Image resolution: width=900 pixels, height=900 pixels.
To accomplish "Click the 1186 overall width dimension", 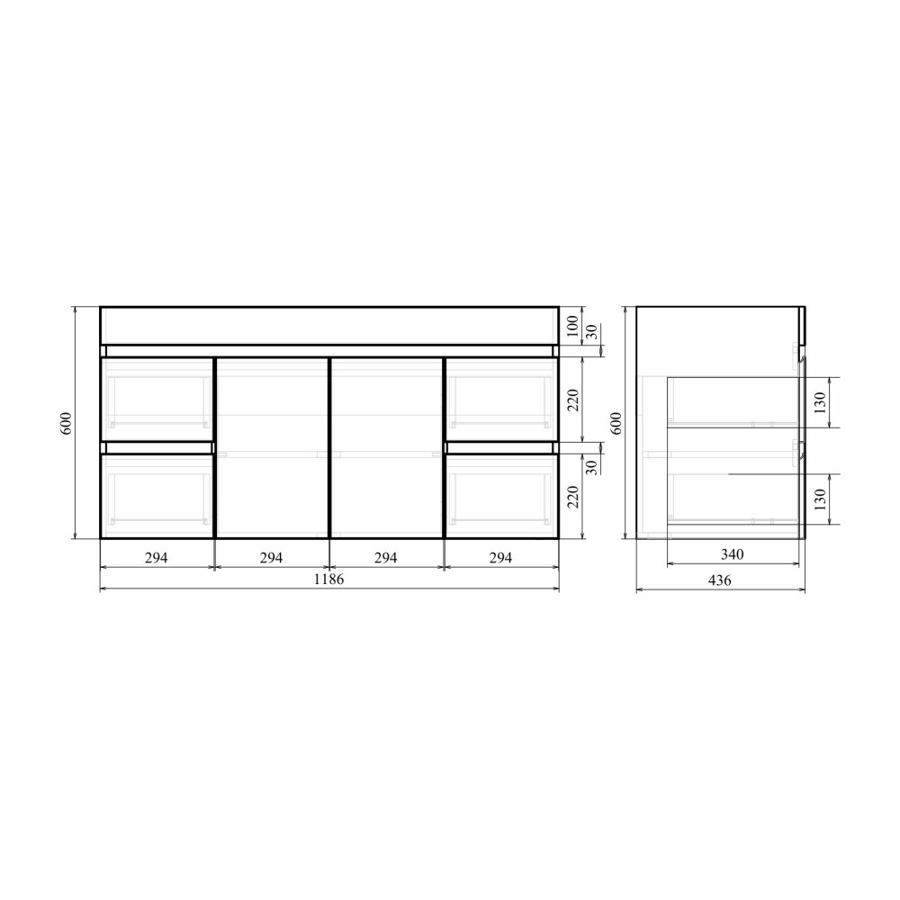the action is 328,579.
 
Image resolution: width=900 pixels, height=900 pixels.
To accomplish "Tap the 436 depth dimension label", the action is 720,580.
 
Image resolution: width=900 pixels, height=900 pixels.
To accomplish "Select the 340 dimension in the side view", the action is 732,554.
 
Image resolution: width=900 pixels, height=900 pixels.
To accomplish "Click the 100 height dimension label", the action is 572,327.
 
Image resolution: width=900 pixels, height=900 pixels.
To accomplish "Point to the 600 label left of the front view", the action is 67,423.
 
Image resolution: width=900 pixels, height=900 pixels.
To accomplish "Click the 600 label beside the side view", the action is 616,423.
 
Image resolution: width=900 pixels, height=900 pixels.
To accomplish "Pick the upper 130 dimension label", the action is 820,402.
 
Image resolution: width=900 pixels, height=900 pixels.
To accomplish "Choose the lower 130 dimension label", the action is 820,499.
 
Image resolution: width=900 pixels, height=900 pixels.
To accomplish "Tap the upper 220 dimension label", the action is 572,400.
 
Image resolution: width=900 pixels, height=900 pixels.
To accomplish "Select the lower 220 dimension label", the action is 572,497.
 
